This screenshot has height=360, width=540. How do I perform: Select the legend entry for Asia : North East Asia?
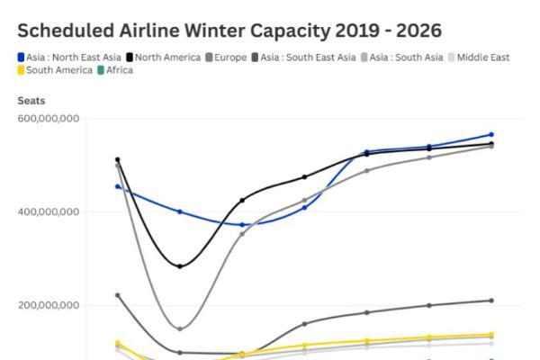69,58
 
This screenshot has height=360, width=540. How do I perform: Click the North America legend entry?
168,58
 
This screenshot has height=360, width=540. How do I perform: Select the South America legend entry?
55,70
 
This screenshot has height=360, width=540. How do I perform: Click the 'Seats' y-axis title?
31,101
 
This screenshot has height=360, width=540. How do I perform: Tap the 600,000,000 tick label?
49,119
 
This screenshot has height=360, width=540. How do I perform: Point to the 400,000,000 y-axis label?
49,212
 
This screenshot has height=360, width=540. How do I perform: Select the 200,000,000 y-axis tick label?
49,306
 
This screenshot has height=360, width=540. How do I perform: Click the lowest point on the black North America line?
180,266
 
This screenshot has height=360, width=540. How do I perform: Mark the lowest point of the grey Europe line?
180,328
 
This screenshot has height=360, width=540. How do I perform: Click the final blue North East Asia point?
491,134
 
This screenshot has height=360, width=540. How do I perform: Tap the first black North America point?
118,160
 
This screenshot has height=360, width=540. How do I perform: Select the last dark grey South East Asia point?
491,301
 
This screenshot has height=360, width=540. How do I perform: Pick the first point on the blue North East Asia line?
118,186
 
